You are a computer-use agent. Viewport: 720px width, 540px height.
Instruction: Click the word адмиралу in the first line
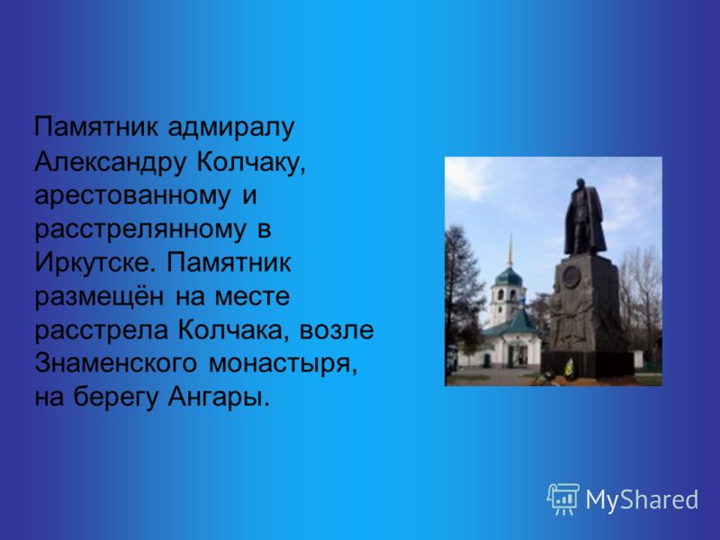click(x=230, y=128)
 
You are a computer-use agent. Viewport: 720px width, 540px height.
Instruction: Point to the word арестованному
click(x=132, y=195)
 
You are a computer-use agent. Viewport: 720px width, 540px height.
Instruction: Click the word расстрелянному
click(x=140, y=229)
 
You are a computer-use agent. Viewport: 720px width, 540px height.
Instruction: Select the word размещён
click(x=99, y=296)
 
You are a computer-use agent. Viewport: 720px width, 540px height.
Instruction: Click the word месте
click(x=252, y=296)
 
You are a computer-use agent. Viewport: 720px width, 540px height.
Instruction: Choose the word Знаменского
click(x=116, y=364)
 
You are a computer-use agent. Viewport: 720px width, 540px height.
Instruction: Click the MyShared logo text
click(x=642, y=499)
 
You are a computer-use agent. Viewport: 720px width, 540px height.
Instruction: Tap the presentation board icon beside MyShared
click(x=563, y=499)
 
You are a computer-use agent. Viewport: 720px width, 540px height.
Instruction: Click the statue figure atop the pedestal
click(x=584, y=217)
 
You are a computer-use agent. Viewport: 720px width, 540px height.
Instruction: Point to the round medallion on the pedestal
click(x=571, y=277)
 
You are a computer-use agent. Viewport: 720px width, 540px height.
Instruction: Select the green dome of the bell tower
click(x=508, y=277)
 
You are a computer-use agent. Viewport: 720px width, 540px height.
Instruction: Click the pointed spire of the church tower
click(x=509, y=252)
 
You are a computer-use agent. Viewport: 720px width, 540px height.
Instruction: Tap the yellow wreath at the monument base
click(x=569, y=369)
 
